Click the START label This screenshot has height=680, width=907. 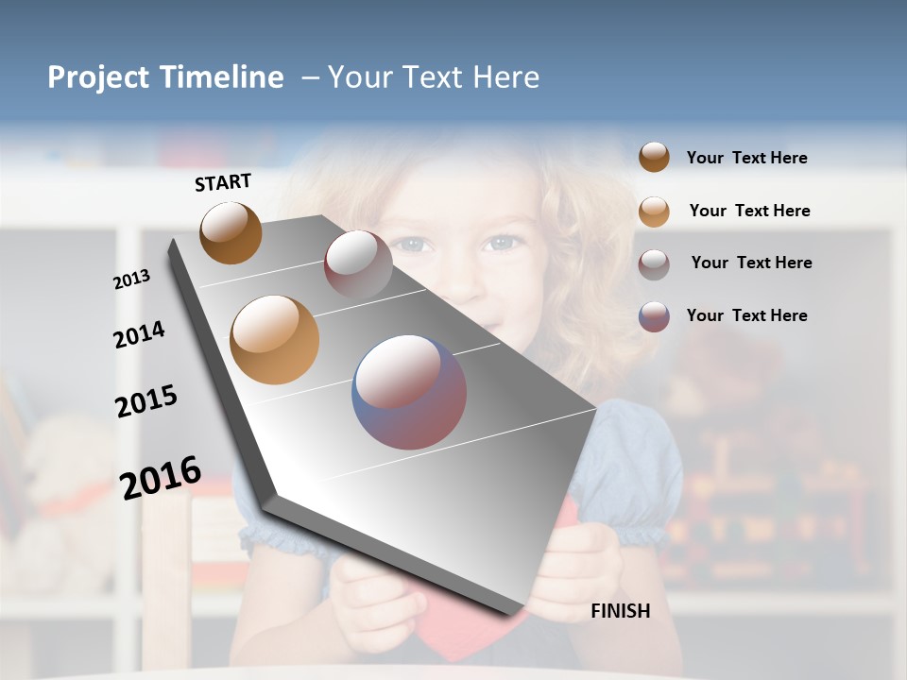[223, 182]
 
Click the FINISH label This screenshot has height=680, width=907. [620, 611]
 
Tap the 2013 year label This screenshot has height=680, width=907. [131, 280]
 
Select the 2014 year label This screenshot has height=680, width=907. [139, 335]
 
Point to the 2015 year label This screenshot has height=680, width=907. [145, 401]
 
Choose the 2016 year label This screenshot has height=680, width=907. [161, 478]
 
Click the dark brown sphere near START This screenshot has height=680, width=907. [231, 232]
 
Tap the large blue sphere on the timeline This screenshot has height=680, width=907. [409, 391]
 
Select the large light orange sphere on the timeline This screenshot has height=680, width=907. [274, 340]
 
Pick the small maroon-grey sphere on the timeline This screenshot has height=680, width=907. [358, 264]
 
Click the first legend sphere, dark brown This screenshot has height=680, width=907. [654, 158]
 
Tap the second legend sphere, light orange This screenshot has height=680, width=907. [654, 211]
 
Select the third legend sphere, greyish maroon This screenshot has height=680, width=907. [654, 263]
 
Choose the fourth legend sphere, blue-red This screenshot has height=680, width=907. [654, 315]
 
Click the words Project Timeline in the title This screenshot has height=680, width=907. [165, 77]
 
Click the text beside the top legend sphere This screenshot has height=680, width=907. [746, 158]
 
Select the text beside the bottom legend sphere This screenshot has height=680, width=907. [746, 315]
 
